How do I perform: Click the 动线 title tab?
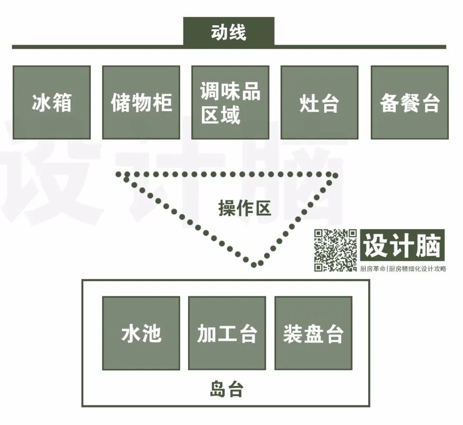[228, 32]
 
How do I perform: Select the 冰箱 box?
[51, 102]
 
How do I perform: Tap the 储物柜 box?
[141, 102]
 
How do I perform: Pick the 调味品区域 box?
[230, 102]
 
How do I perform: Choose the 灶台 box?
[319, 102]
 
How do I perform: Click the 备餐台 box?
[409, 102]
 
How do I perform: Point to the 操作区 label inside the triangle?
[245, 209]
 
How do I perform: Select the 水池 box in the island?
[141, 333]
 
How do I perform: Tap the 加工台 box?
[227, 333]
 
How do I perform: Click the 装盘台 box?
[313, 333]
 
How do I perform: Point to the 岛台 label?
[227, 389]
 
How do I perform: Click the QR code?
[335, 250]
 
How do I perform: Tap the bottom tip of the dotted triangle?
[254, 264]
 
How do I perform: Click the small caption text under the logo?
[403, 269]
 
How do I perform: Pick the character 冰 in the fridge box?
[41, 103]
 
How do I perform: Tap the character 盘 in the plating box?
[313, 334]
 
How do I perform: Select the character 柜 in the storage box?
[162, 103]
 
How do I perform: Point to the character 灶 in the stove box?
[309, 103]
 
